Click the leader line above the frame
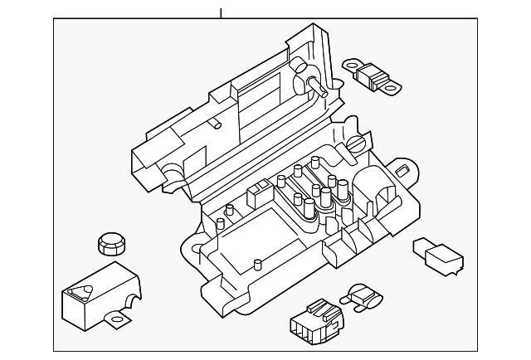click(222, 12)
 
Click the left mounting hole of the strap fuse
click(350, 62)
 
